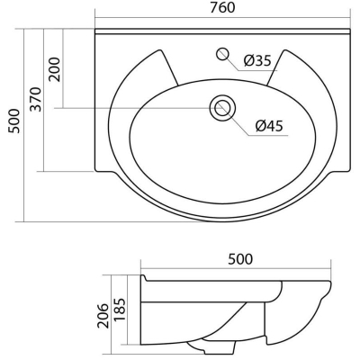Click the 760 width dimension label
222,8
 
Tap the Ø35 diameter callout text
257,60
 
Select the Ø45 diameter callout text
269,126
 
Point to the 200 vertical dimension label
55,69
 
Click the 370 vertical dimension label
36,99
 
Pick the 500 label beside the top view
14,121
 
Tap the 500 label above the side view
240,259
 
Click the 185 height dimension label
120,310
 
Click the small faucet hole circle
223,54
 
